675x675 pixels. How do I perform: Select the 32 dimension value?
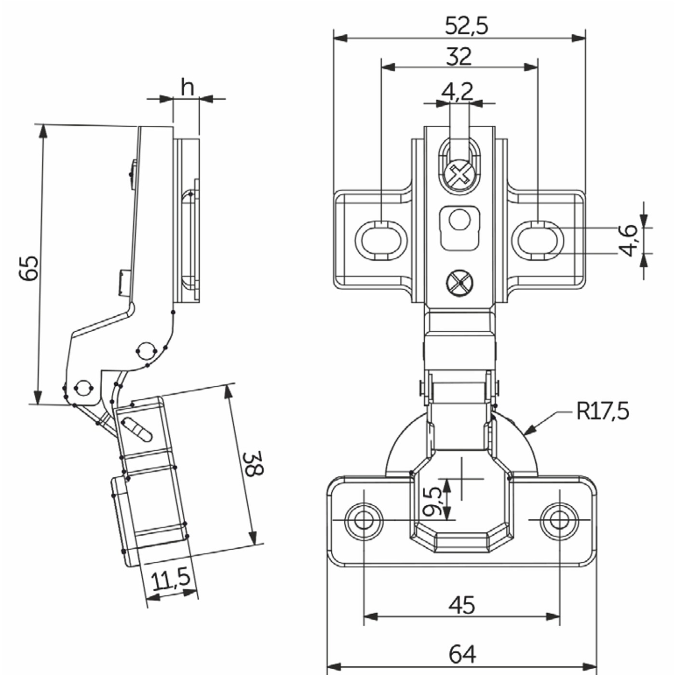point(459,57)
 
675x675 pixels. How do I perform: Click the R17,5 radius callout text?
point(602,411)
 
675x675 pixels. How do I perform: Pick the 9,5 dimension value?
point(433,501)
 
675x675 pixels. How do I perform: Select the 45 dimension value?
point(461,605)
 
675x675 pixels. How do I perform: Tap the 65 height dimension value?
point(29,268)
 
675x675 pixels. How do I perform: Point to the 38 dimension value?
point(252,464)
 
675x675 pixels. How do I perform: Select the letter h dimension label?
point(187,87)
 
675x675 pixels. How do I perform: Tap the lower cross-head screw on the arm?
point(459,282)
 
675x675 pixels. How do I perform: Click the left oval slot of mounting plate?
point(381,240)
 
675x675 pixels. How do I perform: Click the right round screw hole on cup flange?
point(559,520)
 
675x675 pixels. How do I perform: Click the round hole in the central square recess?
point(459,220)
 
